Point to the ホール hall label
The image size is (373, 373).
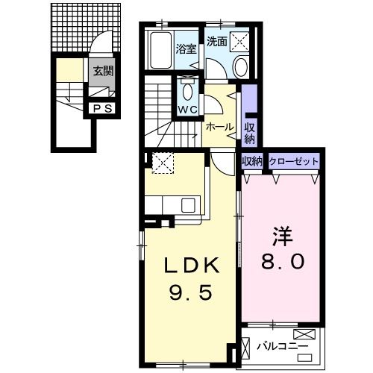pos(220,127)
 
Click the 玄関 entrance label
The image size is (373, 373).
pos(102,72)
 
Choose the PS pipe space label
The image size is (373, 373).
pos(103,108)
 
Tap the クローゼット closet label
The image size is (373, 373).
pos(293,161)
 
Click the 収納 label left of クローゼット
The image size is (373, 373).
pos(252,161)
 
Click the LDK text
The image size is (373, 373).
pos(190,265)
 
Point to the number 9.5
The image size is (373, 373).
pos(190,292)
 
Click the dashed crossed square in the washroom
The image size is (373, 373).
pos(239,41)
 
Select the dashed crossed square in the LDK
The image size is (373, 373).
pos(162,162)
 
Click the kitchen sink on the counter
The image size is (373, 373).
pos(186,204)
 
